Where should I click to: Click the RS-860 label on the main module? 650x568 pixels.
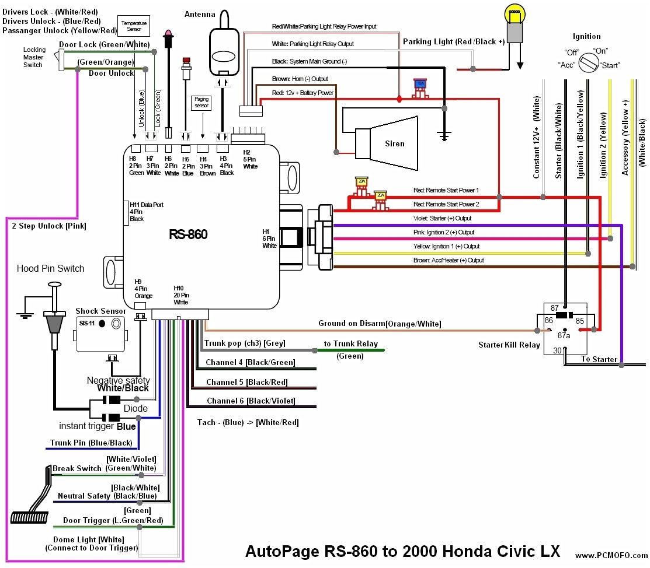188,234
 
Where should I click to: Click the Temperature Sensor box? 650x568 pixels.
134,25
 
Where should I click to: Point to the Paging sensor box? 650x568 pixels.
201,103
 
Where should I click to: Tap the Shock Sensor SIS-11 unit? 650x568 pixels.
101,333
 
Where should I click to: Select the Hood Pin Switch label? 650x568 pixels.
50,269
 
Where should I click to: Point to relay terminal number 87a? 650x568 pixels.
564,336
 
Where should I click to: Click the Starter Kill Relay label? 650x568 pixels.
509,345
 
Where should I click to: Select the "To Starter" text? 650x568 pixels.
599,359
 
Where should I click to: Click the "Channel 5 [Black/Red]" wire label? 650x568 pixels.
247,383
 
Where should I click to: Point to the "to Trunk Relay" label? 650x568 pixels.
350,343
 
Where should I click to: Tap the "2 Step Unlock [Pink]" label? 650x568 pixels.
49,226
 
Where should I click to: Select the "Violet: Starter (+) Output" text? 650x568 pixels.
442,219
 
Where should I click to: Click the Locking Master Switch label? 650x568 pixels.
33,57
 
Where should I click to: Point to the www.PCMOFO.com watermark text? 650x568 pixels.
611,555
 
